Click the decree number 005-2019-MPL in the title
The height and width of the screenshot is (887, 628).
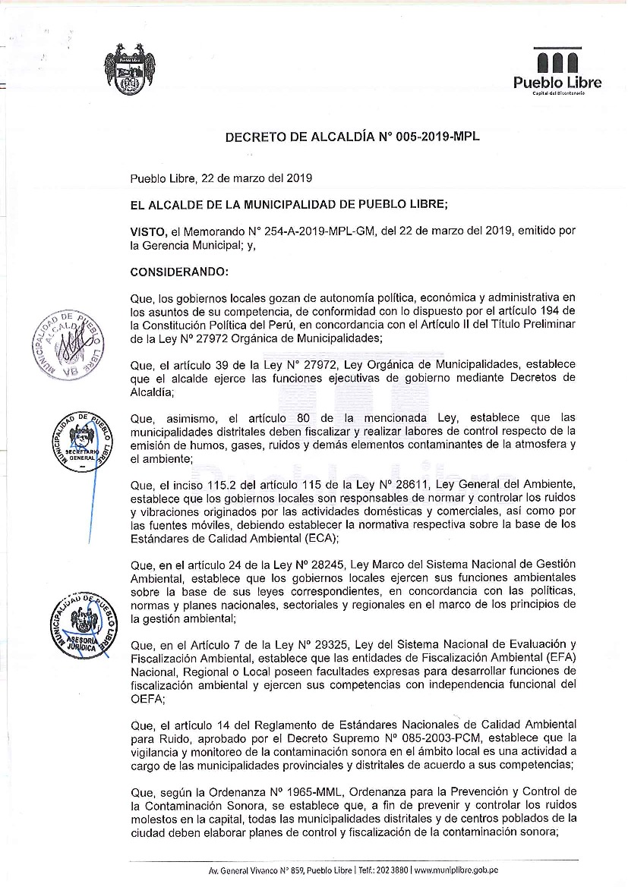438,137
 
